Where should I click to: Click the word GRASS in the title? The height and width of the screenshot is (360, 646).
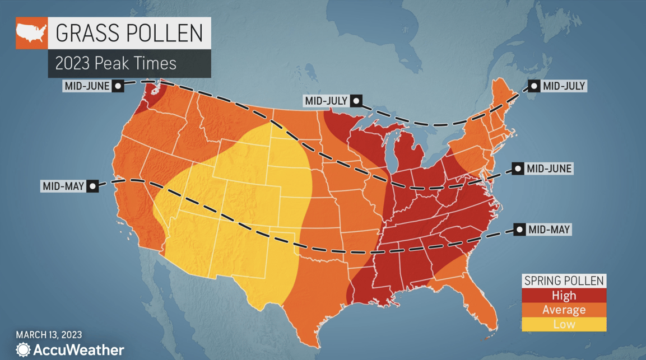83,34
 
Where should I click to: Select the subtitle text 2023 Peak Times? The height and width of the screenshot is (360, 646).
115,63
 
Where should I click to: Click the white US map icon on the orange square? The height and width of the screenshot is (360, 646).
31,33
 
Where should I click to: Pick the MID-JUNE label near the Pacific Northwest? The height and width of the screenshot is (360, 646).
87,86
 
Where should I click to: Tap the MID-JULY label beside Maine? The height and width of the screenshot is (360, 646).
564,86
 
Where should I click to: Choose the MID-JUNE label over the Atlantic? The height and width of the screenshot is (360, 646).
549,169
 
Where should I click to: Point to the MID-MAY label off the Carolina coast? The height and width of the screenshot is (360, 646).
549,230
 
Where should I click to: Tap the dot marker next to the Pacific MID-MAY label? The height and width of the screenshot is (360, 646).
92,186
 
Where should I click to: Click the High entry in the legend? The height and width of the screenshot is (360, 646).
564,296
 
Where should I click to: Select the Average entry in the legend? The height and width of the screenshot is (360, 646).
564,310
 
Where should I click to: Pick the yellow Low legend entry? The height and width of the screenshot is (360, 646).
564,324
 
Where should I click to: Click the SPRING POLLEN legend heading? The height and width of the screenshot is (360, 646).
564,281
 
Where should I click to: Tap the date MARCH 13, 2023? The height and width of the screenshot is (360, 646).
49,335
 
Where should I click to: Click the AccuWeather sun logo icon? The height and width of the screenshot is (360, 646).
24,350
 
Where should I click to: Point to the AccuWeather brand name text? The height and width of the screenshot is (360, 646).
78,350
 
